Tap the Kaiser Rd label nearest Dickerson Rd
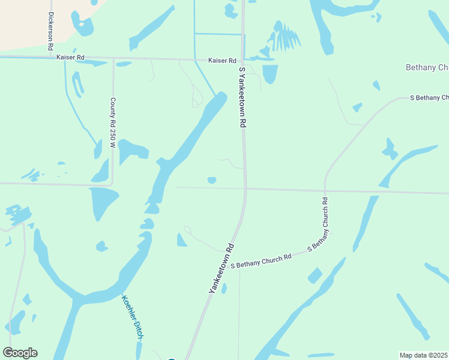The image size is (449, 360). [x=70, y=57]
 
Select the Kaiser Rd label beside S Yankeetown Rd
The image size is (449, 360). [x=222, y=61]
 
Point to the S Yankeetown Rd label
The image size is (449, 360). [x=243, y=97]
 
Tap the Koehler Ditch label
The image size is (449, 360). [x=132, y=317]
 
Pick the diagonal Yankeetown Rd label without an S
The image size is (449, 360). [x=221, y=268]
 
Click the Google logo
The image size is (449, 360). [x=20, y=353]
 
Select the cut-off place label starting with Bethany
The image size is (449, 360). [x=427, y=67]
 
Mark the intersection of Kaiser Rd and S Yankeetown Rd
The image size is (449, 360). [x=242, y=60]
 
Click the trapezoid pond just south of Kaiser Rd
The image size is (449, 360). [x=270, y=73]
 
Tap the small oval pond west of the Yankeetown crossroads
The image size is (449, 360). [x=212, y=180]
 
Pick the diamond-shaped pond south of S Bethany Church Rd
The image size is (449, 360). [x=315, y=275]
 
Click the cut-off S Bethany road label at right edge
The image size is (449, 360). [x=429, y=97]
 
